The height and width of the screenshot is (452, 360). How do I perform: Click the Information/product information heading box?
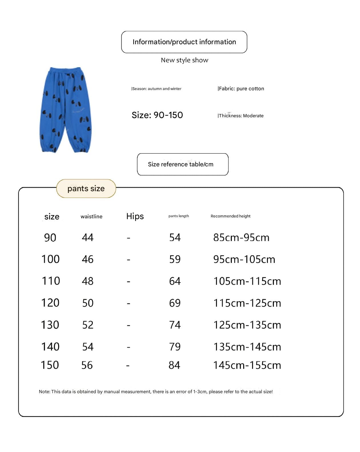[184, 42]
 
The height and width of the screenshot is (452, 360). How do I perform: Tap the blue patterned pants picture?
[65, 110]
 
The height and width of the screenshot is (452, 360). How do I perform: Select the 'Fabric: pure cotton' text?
[241, 88]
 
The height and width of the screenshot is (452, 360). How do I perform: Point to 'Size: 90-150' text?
[157, 115]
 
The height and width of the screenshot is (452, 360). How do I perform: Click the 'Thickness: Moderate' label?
[241, 116]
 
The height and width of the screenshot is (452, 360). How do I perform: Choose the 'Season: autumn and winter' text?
[156, 89]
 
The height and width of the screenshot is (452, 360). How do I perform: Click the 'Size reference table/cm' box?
[183, 164]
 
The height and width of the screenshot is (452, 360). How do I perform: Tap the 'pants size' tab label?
[86, 189]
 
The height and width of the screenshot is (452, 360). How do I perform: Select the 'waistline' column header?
[91, 217]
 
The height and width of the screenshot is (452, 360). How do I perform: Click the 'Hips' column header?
[135, 216]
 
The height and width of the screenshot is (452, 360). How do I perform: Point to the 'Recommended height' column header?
[230, 216]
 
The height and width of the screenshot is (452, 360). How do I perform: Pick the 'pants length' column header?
[179, 216]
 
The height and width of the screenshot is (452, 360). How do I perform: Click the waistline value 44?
[88, 237]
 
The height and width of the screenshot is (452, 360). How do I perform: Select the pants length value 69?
[175, 303]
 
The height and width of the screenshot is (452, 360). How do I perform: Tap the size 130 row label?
[50, 325]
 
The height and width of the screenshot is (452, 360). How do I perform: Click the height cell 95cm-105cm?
[244, 259]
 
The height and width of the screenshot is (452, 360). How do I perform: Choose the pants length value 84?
[174, 365]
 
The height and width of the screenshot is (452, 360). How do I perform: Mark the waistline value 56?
[87, 365]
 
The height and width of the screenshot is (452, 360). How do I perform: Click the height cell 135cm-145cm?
[247, 347]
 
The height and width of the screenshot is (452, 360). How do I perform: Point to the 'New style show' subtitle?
[184, 60]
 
